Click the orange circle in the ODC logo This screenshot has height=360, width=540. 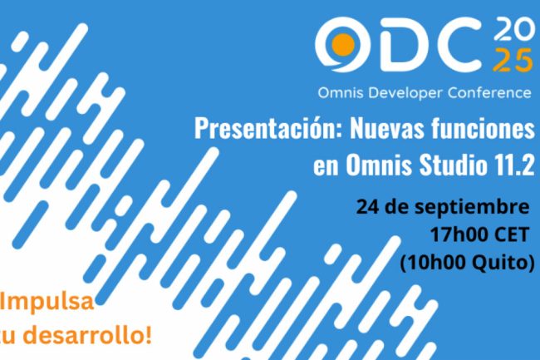click(x=343, y=45)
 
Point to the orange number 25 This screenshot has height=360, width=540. click(x=513, y=61)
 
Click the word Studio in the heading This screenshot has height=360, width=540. click(x=451, y=165)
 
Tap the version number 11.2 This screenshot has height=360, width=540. click(x=512, y=165)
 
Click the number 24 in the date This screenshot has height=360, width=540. click(x=368, y=207)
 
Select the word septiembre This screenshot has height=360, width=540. click(x=472, y=208)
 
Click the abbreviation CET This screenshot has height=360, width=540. click(x=512, y=235)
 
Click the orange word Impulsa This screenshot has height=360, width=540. click(x=47, y=302)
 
